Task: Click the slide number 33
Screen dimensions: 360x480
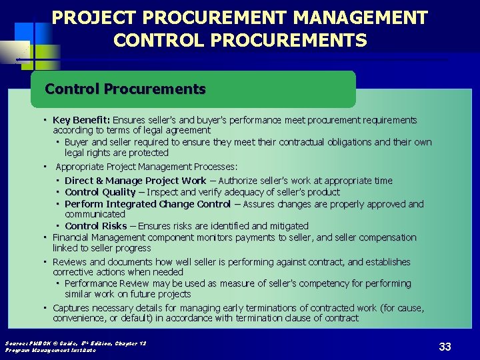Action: tap(445, 347)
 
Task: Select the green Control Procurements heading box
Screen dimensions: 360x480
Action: tap(193, 89)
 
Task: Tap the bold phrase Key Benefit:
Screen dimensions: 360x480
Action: tap(82, 120)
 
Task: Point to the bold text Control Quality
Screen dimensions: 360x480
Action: tap(100, 192)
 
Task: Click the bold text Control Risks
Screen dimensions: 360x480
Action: tap(95, 226)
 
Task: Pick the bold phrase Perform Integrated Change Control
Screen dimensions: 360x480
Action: tap(147, 204)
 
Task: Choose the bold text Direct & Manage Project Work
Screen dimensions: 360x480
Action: tap(135, 181)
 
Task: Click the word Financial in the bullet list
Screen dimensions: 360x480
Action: tap(73, 237)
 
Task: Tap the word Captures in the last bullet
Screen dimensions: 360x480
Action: tap(71, 308)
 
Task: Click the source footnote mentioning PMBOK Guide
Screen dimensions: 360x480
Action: tap(75, 343)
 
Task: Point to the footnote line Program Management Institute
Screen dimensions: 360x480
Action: tap(50, 350)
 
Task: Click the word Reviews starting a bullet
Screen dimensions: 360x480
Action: tap(69, 262)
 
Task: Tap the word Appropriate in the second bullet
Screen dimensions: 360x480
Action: tap(81, 167)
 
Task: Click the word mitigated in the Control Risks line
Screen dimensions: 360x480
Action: tap(289, 226)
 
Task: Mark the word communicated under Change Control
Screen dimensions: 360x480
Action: tap(95, 214)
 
